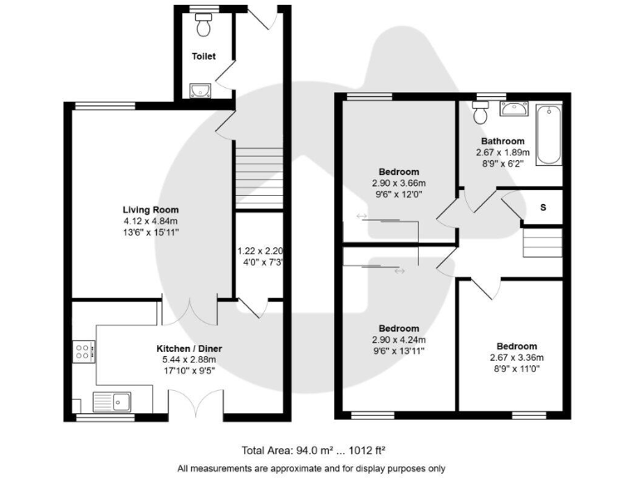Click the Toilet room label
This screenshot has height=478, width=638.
pyautogui.click(x=204, y=56)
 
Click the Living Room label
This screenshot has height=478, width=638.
pyautogui.click(x=150, y=210)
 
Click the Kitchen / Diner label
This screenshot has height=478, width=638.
pyautogui.click(x=189, y=349)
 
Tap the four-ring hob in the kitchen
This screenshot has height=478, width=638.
pyautogui.click(x=84, y=352)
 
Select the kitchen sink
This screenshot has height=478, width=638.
pyautogui.click(x=114, y=402)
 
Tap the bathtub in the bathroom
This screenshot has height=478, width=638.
pyautogui.click(x=550, y=135)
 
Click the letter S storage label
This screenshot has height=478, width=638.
pyautogui.click(x=543, y=207)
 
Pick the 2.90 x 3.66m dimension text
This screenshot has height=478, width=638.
pyautogui.click(x=399, y=183)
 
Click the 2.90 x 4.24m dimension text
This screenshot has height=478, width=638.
pyautogui.click(x=399, y=340)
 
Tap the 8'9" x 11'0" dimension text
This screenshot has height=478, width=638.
pyautogui.click(x=517, y=369)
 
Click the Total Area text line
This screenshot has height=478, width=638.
pyautogui.click(x=313, y=451)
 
